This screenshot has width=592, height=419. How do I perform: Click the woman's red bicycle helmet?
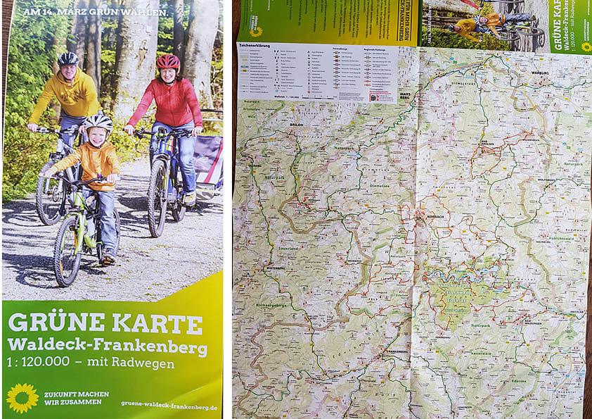click(x=168, y=61)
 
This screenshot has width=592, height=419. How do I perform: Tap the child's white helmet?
click(x=98, y=123)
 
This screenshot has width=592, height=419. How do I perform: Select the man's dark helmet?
click(x=68, y=58)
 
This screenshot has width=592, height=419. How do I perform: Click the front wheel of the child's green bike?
click(x=68, y=249)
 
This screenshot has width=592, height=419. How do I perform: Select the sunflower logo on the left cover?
click(x=22, y=397)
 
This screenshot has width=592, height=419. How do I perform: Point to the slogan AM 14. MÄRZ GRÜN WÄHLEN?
click(x=94, y=12)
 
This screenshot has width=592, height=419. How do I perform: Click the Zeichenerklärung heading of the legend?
click(x=255, y=46)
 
